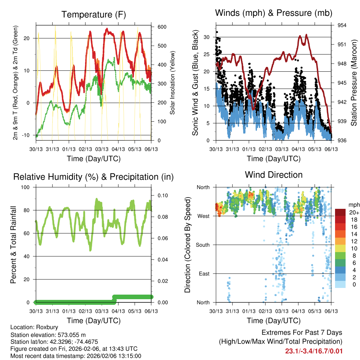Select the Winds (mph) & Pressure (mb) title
click(274, 13)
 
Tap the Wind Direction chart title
click(274, 175)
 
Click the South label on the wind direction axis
click(202, 245)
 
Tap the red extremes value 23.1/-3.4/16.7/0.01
click(314, 351)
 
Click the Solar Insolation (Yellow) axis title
click(173, 83)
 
